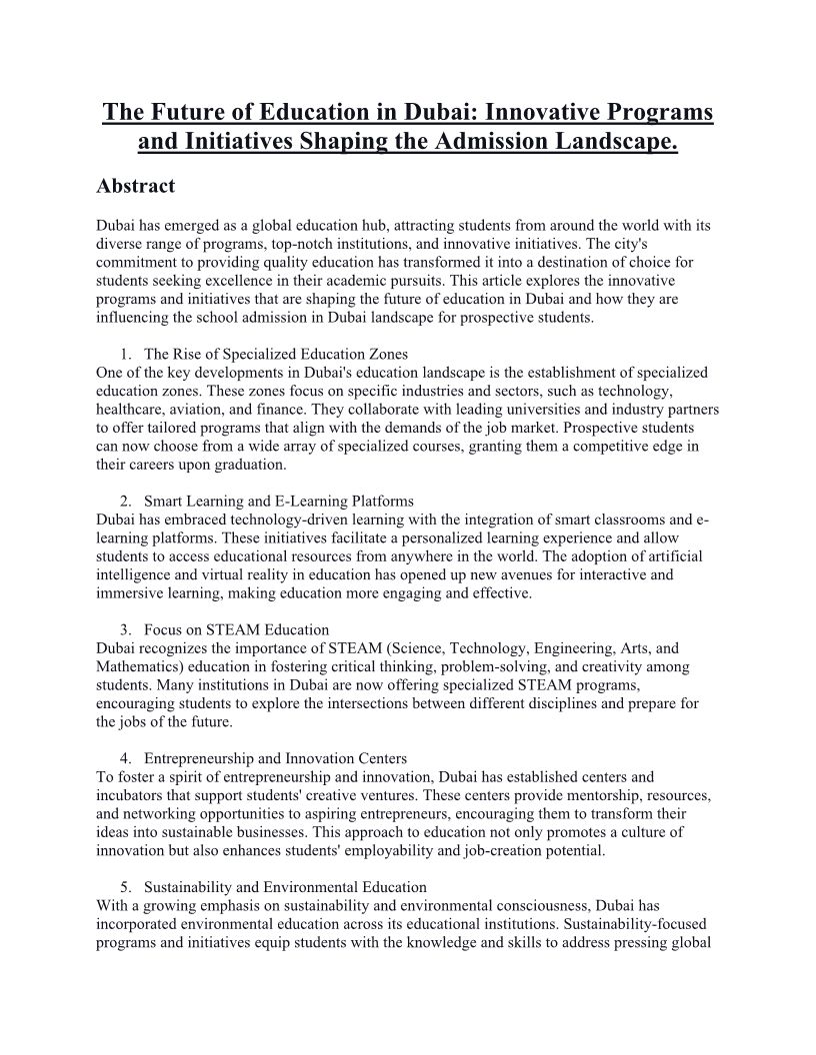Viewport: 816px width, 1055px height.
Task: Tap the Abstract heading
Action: (x=135, y=186)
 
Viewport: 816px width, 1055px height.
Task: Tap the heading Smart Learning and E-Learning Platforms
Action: (x=278, y=502)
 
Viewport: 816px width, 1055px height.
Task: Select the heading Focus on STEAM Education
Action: (x=236, y=630)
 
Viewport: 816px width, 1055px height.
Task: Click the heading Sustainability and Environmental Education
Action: (x=285, y=887)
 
